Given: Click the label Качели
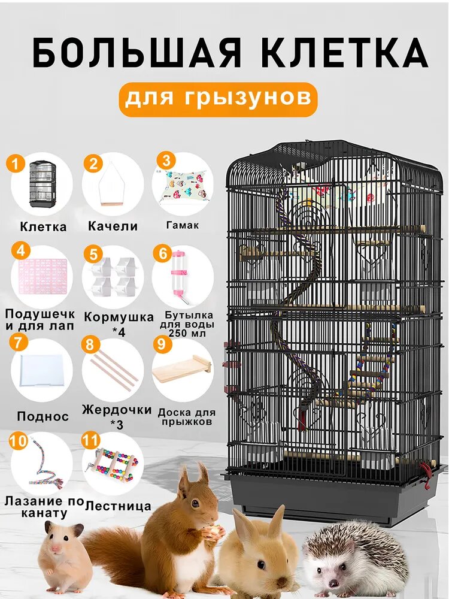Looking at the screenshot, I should click(x=113, y=226).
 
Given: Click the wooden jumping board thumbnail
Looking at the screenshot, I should click(x=181, y=371).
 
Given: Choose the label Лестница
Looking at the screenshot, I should click(x=118, y=506).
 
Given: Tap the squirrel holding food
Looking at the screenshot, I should click(x=180, y=527).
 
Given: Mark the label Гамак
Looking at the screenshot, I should click(x=182, y=226).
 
